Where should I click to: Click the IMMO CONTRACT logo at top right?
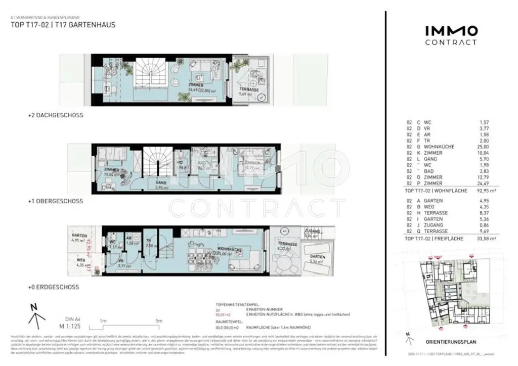point(451,35)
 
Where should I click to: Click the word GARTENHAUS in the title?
point(97,24)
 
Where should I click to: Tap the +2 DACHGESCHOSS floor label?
point(56,115)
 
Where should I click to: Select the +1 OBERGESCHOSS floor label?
point(56,201)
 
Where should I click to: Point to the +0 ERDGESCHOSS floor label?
point(54,287)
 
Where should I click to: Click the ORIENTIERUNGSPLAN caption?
point(450,342)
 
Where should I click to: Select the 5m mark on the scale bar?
point(158,321)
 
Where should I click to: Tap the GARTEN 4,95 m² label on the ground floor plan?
point(79,238)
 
